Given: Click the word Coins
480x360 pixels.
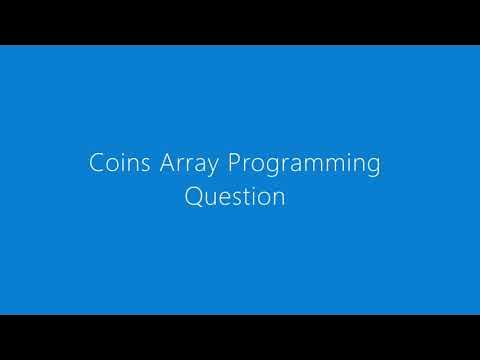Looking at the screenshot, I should tap(114, 164).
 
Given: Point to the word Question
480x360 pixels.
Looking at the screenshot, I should tap(235, 197).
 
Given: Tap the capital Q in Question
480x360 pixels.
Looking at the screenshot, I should tap(195, 197).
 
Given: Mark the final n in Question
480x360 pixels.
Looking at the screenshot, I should tap(280, 199).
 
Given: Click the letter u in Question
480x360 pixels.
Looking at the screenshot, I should tap(213, 199).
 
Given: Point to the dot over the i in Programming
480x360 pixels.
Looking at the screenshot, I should tap(346, 155).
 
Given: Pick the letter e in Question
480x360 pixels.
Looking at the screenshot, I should tap(227, 199).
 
